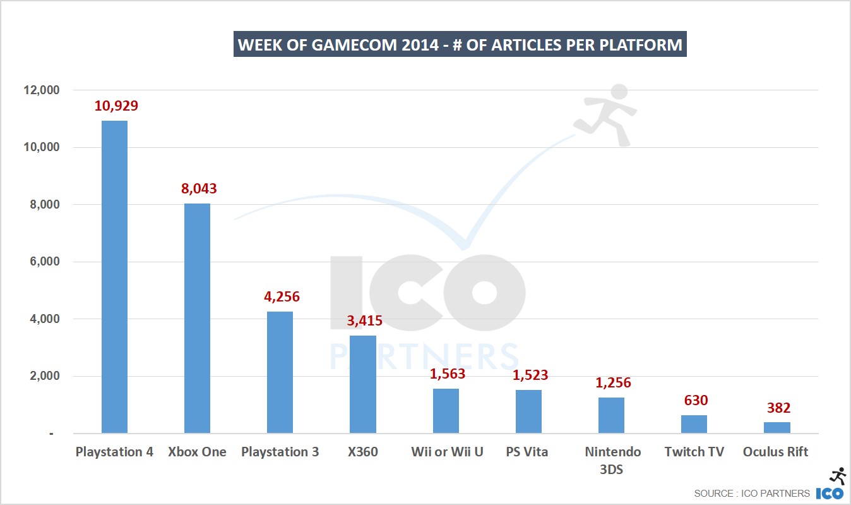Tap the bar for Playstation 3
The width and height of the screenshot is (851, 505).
[x=280, y=372]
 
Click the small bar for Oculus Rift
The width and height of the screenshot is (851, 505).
[x=777, y=428]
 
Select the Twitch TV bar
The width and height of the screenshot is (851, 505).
[x=694, y=424]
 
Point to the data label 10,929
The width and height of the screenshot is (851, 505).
[x=116, y=106]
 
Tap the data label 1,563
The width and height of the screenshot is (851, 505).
[x=447, y=374]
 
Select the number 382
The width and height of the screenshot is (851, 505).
[x=778, y=408]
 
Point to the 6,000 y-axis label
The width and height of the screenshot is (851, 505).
[x=42, y=262]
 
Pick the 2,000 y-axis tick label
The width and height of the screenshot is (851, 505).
[x=42, y=376]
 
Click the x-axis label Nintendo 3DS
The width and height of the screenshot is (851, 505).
[x=612, y=459]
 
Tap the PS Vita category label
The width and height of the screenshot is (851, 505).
[x=527, y=452]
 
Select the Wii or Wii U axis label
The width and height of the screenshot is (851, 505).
[x=447, y=452]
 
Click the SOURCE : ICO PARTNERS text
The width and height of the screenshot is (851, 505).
[x=751, y=493]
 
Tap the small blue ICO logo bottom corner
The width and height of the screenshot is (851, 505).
[x=830, y=493]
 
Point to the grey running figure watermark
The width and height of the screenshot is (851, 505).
[x=607, y=114]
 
